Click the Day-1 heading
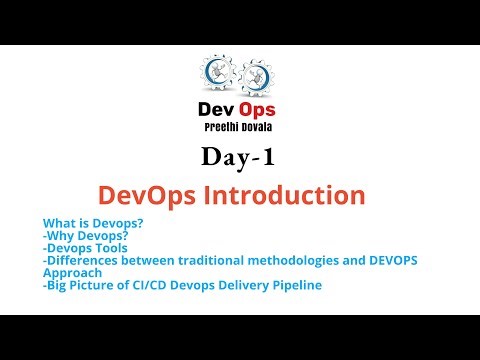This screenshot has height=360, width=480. (239, 157)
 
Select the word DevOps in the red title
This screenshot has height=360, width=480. (174, 193)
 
